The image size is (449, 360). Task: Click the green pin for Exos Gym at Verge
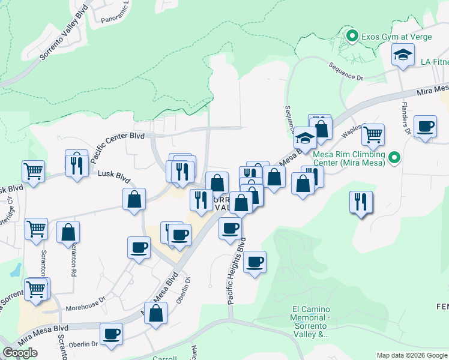tap(352, 37)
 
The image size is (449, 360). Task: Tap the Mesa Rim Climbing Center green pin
tap(394, 158)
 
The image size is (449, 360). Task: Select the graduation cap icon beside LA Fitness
tap(403, 56)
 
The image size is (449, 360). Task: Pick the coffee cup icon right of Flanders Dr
tap(426, 126)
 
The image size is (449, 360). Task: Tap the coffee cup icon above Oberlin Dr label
tap(112, 334)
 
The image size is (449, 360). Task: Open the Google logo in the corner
tap(20, 353)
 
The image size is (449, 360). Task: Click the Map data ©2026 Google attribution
tap(412, 355)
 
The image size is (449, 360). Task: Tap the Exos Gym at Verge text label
tap(388, 37)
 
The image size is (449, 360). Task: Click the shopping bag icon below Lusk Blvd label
tap(134, 199)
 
